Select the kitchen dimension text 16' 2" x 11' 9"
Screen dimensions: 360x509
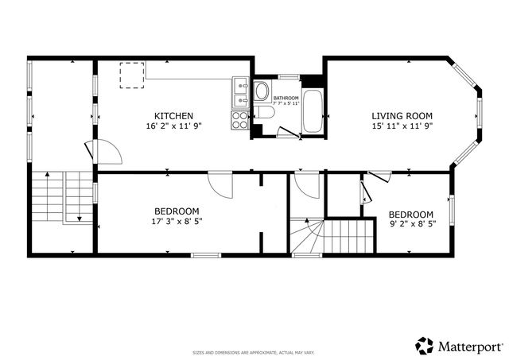click(173, 126)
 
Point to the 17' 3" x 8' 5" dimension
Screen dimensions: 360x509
click(176, 222)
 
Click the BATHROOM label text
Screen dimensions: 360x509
click(286, 98)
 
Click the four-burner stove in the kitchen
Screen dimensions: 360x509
click(240, 120)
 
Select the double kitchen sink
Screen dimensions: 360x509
click(240, 93)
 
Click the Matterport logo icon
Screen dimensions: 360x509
click(424, 345)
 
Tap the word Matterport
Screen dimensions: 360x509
click(469, 346)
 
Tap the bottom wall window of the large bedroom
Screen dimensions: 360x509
click(205, 255)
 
